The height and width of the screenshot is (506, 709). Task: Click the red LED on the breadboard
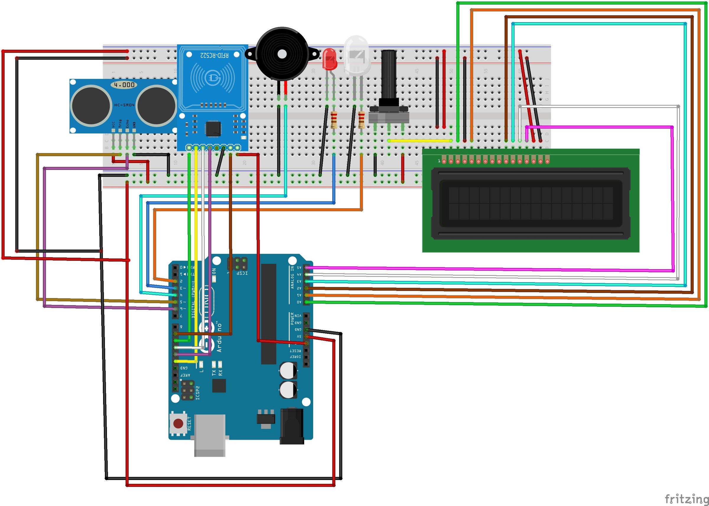[x=330, y=59]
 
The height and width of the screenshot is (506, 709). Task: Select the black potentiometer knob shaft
[x=388, y=75]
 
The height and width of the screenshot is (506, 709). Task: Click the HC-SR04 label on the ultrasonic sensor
[x=124, y=105]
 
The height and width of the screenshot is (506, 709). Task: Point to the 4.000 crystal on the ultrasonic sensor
[x=124, y=85]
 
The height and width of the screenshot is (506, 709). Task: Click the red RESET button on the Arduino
[x=178, y=423]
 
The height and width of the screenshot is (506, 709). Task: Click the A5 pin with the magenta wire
[x=307, y=267]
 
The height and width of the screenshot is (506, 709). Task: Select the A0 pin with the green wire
[x=307, y=302]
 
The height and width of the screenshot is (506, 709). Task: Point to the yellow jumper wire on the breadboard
[x=419, y=141]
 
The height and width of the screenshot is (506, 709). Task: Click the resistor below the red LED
[x=334, y=120]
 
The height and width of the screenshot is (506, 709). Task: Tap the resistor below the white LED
[x=361, y=120]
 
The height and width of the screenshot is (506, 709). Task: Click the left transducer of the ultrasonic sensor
[x=91, y=106]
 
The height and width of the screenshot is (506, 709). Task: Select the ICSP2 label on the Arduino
[x=198, y=393]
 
